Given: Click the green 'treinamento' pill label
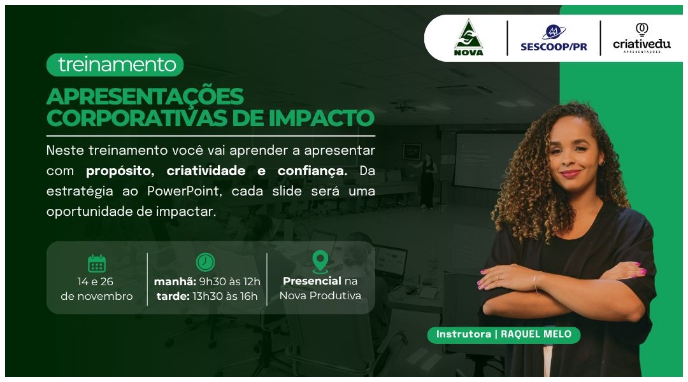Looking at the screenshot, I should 115,64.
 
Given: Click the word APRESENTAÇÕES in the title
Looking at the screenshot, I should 145,97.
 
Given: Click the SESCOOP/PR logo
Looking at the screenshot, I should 554,38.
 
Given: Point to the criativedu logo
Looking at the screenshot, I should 641,38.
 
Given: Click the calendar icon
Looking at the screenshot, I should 97,263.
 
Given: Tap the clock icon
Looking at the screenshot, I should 205,262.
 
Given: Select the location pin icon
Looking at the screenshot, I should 320,261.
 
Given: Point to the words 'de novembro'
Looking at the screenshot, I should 97,296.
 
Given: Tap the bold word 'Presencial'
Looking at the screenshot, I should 312,281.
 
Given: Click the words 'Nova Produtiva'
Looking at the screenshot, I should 320,296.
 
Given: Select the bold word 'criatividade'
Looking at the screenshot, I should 206,171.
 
